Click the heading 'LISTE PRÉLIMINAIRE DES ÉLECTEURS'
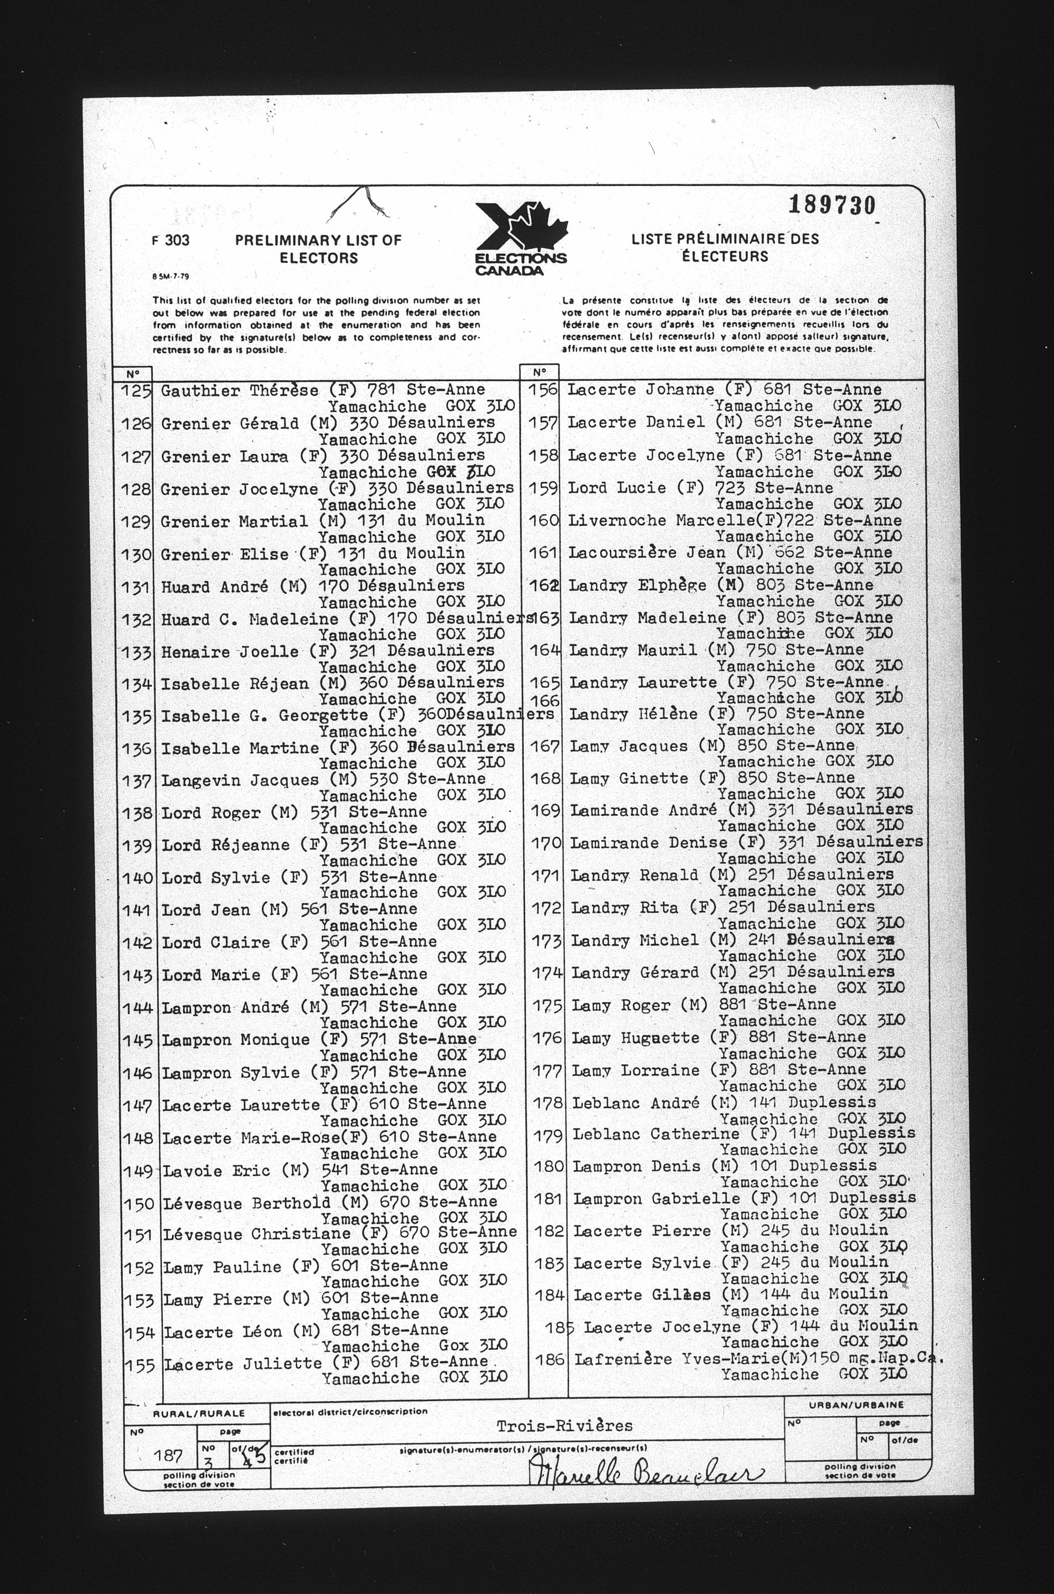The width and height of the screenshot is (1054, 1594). (725, 247)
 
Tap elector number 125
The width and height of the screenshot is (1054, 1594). (136, 390)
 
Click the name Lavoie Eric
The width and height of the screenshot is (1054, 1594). (216, 1171)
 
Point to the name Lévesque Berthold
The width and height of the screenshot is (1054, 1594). (247, 1203)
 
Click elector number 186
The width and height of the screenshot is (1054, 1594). (549, 1359)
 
